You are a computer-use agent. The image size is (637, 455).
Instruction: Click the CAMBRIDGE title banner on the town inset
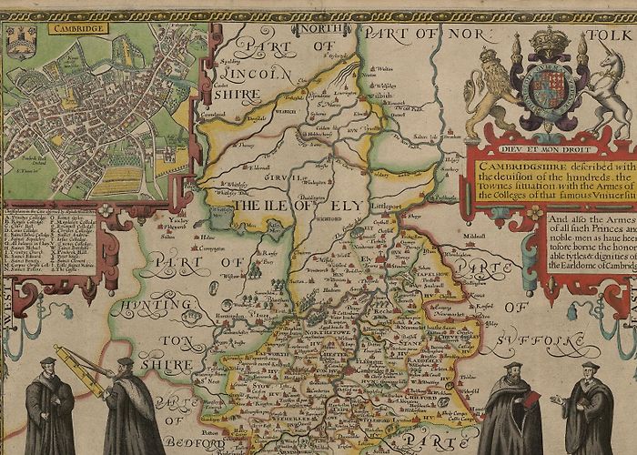[80, 28]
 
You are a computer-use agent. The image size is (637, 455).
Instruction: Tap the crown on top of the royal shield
[550, 41]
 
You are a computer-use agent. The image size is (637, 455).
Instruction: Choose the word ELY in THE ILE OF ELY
[345, 207]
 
